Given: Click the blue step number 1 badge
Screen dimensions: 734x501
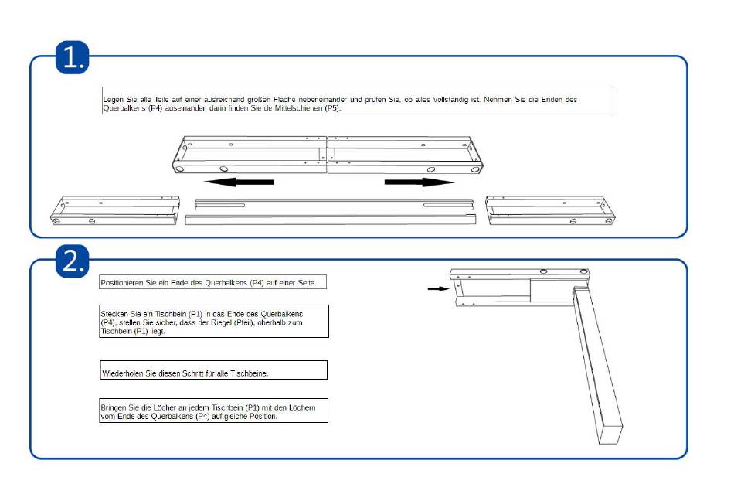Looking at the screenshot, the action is pyautogui.click(x=73, y=59).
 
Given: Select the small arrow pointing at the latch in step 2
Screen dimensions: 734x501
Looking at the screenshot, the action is pyautogui.click(x=437, y=288).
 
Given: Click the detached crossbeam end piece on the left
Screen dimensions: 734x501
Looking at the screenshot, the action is pyautogui.click(x=114, y=210).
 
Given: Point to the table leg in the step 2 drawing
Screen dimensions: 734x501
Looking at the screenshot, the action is pyautogui.click(x=597, y=363).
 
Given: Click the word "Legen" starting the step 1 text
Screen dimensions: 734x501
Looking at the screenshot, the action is pyautogui.click(x=113, y=100).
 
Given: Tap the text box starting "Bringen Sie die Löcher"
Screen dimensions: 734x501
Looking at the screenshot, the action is pyautogui.click(x=213, y=411).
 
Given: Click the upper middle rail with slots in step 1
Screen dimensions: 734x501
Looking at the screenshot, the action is pyautogui.click(x=334, y=203).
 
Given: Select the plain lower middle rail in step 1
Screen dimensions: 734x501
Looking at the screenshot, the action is pyautogui.click(x=332, y=219).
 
